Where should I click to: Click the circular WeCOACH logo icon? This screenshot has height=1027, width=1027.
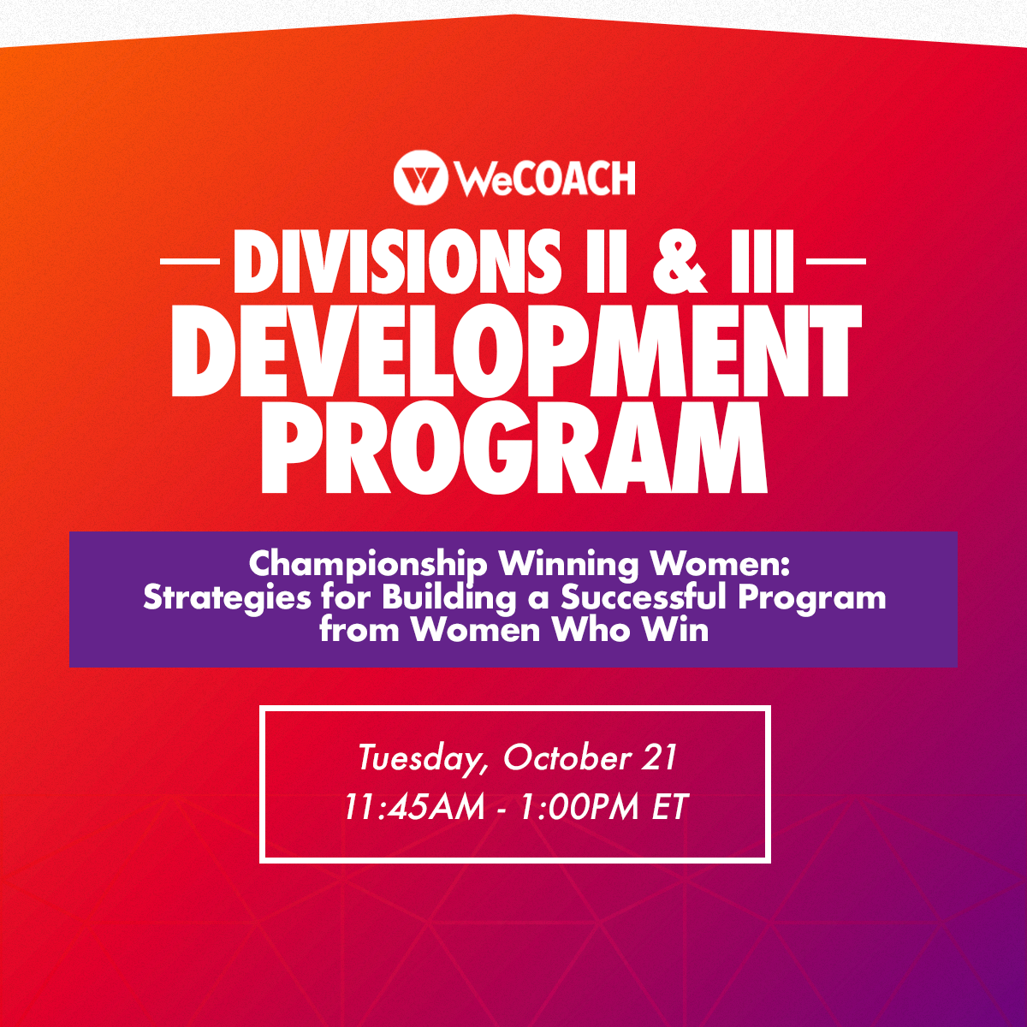pyautogui.click(x=419, y=177)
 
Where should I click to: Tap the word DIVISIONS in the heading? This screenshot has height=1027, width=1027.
pyautogui.click(x=396, y=262)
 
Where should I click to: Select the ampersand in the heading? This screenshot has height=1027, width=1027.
pyautogui.click(x=680, y=262)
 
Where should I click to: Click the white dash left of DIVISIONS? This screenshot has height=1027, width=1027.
pyautogui.click(x=190, y=261)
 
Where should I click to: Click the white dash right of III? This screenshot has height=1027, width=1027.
pyautogui.click(x=835, y=261)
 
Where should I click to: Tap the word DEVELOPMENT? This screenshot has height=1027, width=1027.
pyautogui.click(x=515, y=353)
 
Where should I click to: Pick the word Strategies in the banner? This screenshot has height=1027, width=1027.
pyautogui.click(x=227, y=597)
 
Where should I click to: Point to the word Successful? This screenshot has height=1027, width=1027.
pyautogui.click(x=644, y=597)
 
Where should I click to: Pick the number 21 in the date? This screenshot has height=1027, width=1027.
pyautogui.click(x=659, y=757)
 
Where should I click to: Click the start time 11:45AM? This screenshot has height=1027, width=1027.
pyautogui.click(x=414, y=807)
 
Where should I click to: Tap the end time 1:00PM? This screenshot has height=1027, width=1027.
pyautogui.click(x=579, y=807)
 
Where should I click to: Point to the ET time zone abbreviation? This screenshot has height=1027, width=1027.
pyautogui.click(x=670, y=807)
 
